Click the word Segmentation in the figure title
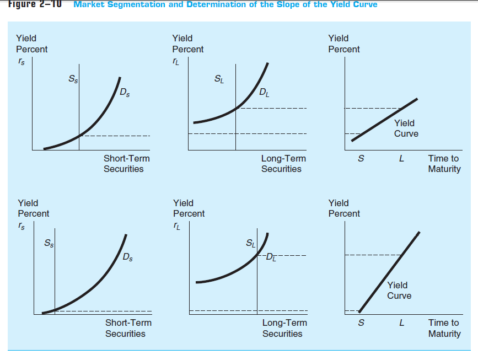pyautogui.click(x=134, y=4)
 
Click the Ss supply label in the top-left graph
pyautogui.click(x=73, y=79)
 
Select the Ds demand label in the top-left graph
pyautogui.click(x=125, y=93)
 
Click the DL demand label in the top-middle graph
pyautogui.click(x=265, y=93)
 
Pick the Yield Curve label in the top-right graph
pyautogui.click(x=406, y=128)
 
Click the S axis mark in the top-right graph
pyautogui.click(x=361, y=159)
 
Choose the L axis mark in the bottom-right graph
pyautogui.click(x=401, y=323)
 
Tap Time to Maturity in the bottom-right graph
pyautogui.click(x=444, y=328)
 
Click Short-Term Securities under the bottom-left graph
pyautogui.click(x=128, y=328)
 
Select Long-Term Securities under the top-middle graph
pyautogui.click(x=283, y=164)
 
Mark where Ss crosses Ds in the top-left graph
pyautogui.click(x=79, y=135)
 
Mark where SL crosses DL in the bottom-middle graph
pyautogui.click(x=257, y=256)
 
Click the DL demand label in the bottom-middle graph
pyautogui.click(x=272, y=256)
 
